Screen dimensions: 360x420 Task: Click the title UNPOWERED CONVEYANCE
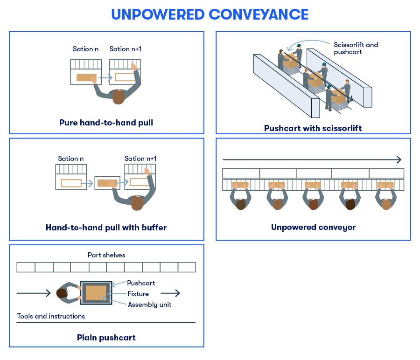(210, 14)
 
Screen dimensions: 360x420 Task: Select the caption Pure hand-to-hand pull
(106, 123)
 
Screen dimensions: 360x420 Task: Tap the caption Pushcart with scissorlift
(313, 128)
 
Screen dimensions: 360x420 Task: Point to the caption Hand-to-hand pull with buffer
(106, 228)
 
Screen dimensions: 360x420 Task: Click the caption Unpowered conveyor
(313, 228)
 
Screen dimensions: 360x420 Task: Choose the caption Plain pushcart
(106, 338)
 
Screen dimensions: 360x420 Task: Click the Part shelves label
(106, 255)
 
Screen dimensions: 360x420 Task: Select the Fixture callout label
(138, 294)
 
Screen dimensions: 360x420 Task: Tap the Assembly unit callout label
(149, 305)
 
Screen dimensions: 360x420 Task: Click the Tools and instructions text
(51, 316)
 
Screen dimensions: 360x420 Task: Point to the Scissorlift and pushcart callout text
(356, 48)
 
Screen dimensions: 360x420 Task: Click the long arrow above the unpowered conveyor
(312, 159)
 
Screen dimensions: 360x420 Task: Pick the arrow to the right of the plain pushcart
(170, 293)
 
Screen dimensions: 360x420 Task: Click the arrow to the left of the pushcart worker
(33, 293)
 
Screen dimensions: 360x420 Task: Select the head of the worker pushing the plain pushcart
(62, 293)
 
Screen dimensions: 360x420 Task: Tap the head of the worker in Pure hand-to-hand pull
(119, 97)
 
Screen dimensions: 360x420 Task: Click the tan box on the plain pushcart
(96, 293)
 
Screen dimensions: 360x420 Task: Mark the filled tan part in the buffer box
(107, 183)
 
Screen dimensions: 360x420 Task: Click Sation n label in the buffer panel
(71, 159)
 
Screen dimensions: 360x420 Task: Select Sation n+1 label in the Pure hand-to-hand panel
(125, 49)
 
